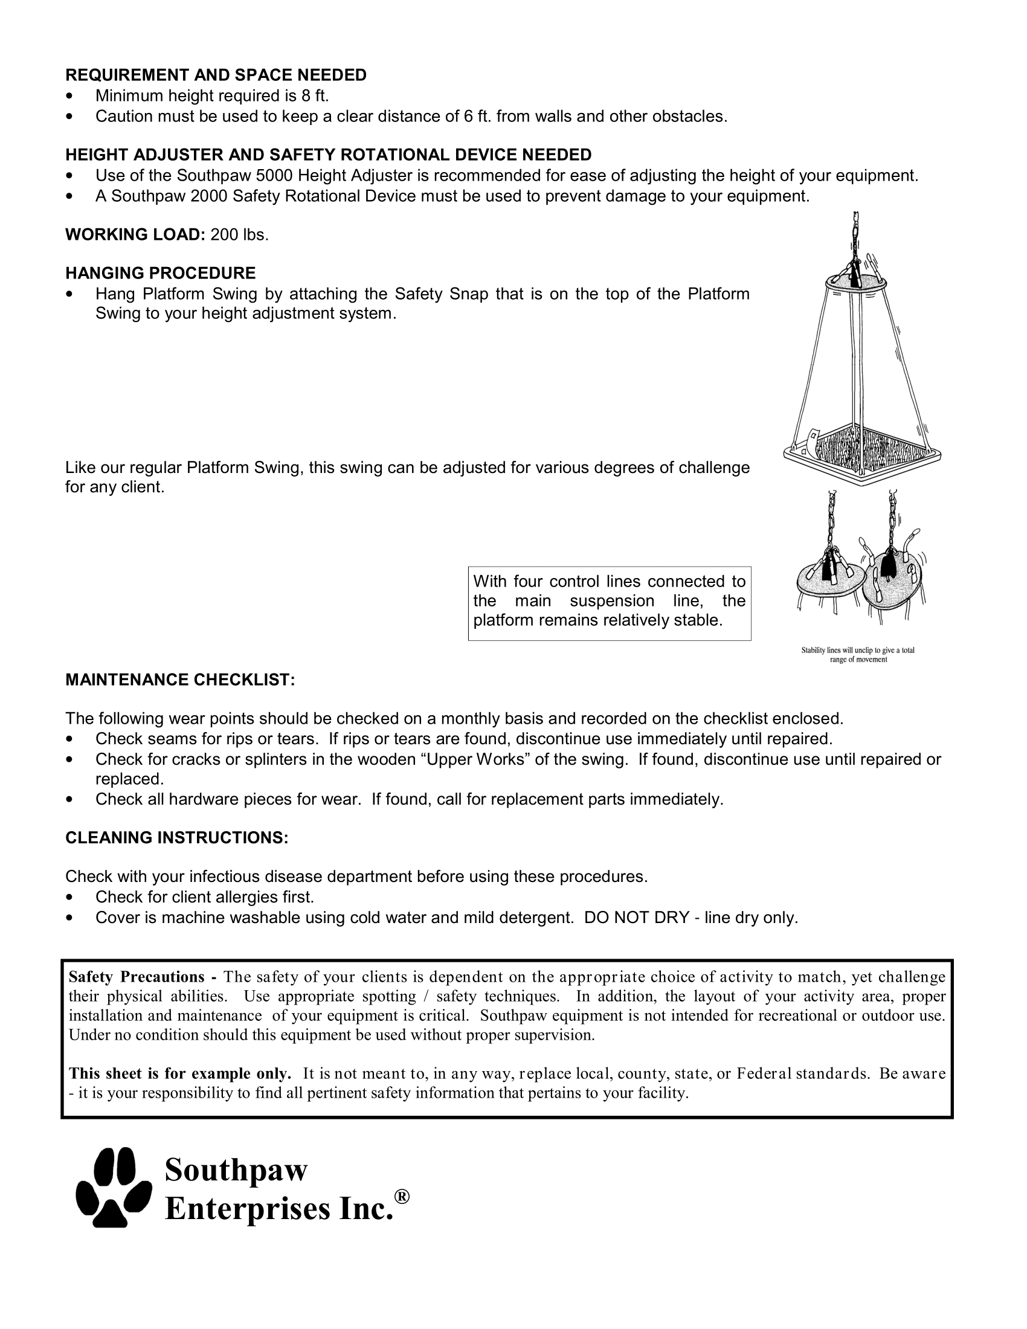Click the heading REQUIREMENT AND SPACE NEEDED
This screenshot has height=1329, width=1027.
216,75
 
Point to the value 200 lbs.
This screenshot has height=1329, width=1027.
239,235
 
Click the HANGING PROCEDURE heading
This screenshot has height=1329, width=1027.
161,272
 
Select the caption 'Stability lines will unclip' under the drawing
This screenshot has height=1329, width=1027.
858,655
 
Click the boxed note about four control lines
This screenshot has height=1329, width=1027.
609,602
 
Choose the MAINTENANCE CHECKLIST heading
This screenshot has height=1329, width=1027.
180,680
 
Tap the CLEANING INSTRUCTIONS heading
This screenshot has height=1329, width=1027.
176,838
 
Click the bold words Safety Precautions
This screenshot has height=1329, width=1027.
137,977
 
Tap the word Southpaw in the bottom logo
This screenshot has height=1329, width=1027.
236,1169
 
